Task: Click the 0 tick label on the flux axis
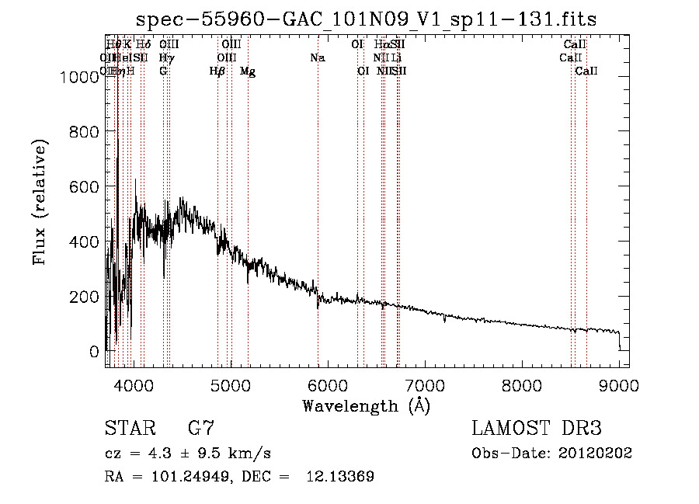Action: (x=94, y=352)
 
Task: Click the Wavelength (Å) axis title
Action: (x=366, y=405)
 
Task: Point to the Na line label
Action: (x=317, y=57)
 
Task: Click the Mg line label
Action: (x=248, y=71)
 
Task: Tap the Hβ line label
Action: (x=217, y=71)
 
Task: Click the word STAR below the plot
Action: (x=129, y=429)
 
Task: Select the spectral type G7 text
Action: (x=200, y=429)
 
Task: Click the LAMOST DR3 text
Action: (x=537, y=429)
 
